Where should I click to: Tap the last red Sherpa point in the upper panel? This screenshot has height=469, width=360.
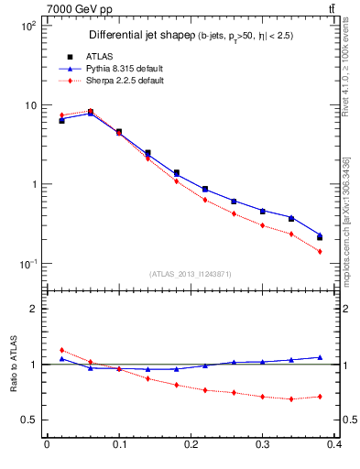click(x=320, y=251)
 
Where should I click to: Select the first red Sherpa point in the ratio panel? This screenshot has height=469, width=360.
click(x=61, y=350)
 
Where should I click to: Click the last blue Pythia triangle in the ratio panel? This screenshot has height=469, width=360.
click(x=320, y=357)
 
